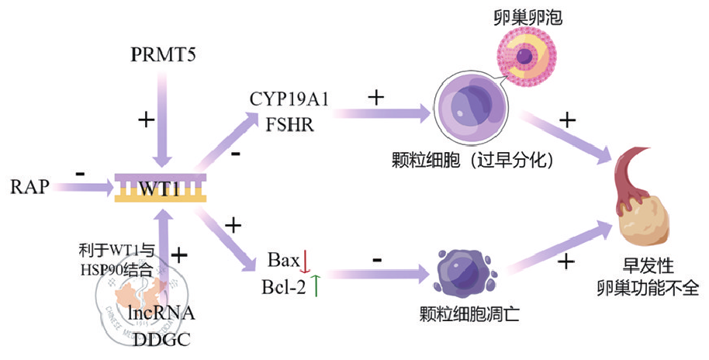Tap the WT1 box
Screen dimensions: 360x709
[161, 188]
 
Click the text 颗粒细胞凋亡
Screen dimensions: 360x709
[469, 314]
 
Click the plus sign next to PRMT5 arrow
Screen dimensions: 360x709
[144, 120]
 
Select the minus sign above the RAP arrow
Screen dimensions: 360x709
[81, 171]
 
